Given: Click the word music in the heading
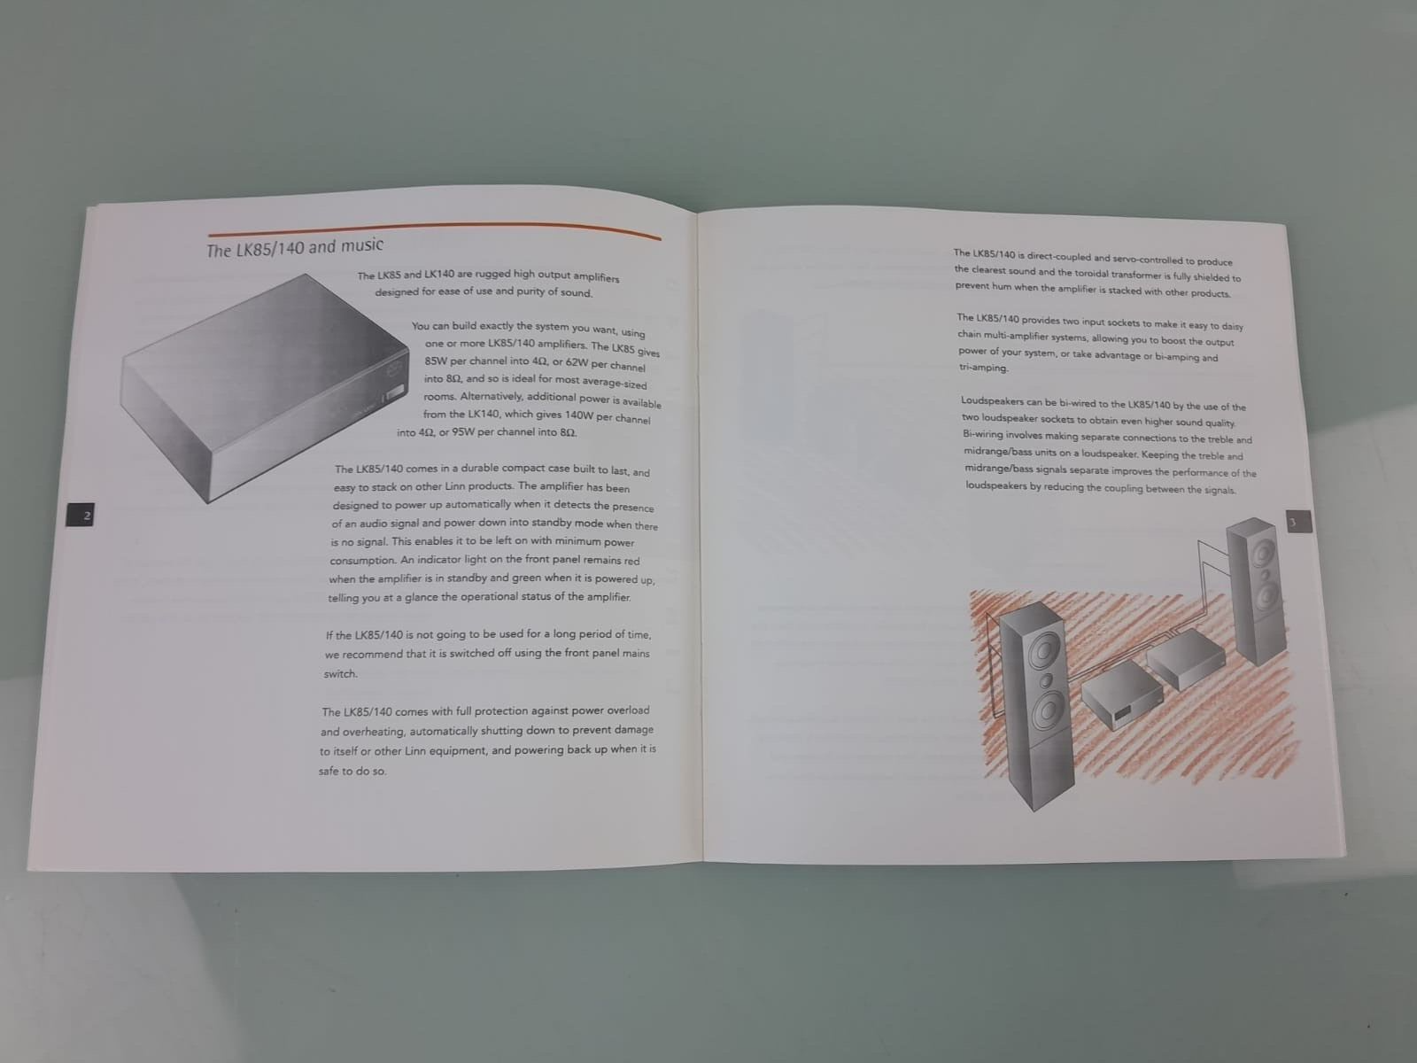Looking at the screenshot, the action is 362,245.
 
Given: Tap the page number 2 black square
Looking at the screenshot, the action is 80,515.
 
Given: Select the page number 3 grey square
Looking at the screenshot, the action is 1299,522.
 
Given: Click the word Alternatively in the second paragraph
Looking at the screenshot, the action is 492,396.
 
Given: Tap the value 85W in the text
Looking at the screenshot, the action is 436,361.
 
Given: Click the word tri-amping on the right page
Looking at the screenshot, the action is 983,368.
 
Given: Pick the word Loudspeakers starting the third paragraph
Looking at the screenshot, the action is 992,400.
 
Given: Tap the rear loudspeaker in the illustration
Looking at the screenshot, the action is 1256,591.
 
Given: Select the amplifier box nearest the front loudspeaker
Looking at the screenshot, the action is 1122,695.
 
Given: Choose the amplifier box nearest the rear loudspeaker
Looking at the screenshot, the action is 1185,658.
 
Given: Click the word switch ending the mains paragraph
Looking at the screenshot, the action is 340,674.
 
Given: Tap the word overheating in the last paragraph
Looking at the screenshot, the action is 373,732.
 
